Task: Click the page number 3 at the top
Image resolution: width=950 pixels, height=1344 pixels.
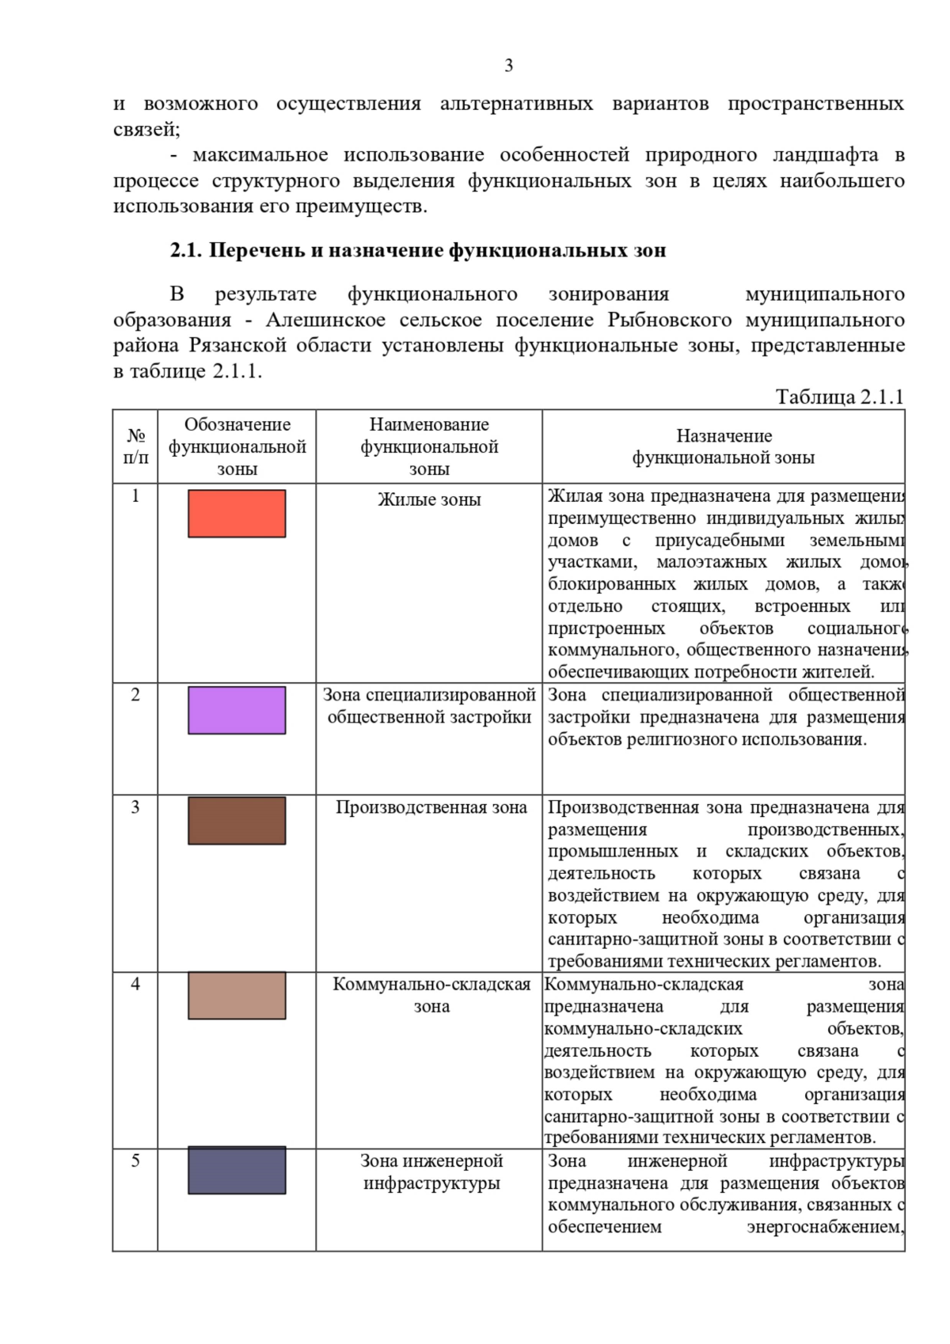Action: pos(508,66)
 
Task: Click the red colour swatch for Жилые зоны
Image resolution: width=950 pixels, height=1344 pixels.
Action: pos(237,514)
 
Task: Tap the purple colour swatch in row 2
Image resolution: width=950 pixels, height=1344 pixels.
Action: pos(237,710)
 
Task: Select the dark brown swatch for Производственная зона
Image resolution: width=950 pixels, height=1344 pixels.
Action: pos(237,821)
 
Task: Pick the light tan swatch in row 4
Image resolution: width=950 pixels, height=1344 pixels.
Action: pos(237,995)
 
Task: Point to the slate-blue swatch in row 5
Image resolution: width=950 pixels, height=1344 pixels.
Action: pos(237,1171)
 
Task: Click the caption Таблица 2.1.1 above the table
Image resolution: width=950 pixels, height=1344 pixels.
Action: pos(839,397)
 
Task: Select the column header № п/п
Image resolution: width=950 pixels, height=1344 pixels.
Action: pos(135,446)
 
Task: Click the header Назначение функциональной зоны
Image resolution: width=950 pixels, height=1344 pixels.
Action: pos(723,446)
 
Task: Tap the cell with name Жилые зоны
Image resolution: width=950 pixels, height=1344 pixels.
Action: pos(429,499)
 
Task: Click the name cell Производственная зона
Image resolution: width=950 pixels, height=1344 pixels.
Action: pos(431,807)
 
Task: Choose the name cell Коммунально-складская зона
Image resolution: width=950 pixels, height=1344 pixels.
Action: pos(431,995)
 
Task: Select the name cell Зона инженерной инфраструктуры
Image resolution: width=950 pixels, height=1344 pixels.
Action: pos(431,1171)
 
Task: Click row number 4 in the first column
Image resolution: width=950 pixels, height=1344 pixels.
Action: pos(135,984)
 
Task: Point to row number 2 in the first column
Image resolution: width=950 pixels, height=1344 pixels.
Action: pos(135,695)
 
